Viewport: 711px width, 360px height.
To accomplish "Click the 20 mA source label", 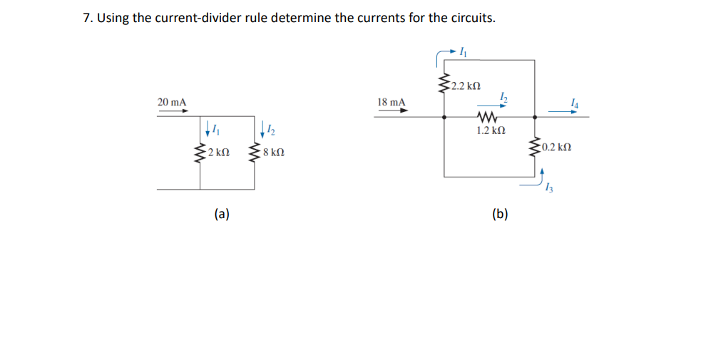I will coord(172,103).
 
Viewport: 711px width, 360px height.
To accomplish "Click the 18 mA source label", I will coord(391,103).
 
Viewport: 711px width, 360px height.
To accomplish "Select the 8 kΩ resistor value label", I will coord(274,153).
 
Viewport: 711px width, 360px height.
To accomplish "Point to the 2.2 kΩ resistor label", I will coord(466,87).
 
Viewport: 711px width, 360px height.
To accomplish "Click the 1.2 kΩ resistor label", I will coord(491,131).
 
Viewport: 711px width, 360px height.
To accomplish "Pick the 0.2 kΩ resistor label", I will coord(556,148).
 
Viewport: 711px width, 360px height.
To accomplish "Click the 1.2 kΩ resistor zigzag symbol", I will coord(489,117).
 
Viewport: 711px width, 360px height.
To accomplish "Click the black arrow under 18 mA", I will coord(392,111).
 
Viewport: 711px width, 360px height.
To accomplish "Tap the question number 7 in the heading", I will coord(87,18).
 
